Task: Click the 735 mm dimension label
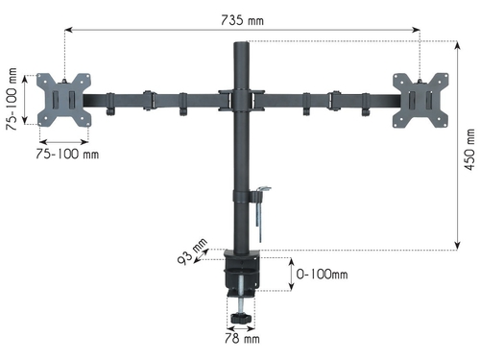tap(241, 18)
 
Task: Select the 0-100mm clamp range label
tap(322, 275)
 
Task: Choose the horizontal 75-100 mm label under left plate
tap(68, 153)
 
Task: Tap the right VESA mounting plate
tap(420, 99)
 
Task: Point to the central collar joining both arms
tap(238, 99)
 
